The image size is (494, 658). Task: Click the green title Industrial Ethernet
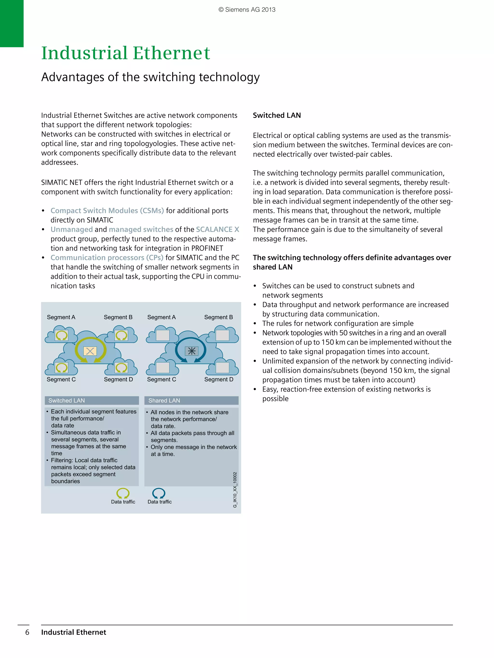tap(125, 53)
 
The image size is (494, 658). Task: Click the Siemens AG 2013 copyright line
tap(247, 10)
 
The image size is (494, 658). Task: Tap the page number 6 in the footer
tap(27, 632)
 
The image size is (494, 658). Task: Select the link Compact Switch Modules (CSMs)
tap(107, 211)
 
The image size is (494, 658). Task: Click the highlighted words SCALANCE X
tap(217, 229)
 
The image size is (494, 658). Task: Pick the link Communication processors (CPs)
tap(107, 258)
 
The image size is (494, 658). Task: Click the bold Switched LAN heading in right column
tap(277, 115)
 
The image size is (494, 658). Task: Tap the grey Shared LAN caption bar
tap(191, 400)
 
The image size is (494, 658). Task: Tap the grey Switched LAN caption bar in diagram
tap(91, 400)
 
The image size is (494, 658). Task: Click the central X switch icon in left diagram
tap(90, 351)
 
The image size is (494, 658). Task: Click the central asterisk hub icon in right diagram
tap(192, 351)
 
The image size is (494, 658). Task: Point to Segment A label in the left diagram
tap(61, 317)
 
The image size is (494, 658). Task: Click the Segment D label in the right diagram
tap(219, 379)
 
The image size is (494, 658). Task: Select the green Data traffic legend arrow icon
tap(123, 493)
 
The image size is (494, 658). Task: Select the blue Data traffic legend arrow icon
tap(159, 493)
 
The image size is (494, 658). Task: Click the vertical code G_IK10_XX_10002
tap(235, 490)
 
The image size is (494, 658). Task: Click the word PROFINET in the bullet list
tap(207, 248)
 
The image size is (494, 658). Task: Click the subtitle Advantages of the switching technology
tap(150, 77)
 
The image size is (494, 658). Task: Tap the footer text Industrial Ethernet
tap(74, 632)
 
